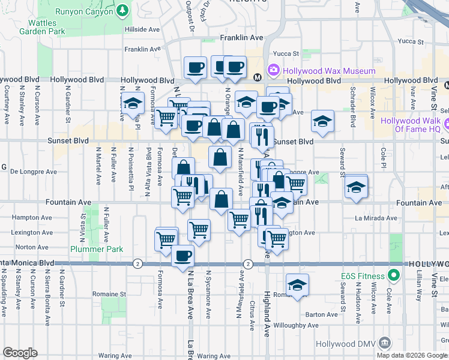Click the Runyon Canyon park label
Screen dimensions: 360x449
(x=84, y=11)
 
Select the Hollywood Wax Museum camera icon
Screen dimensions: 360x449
(x=274, y=70)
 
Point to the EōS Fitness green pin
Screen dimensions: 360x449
(x=394, y=276)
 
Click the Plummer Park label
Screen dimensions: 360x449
(x=97, y=249)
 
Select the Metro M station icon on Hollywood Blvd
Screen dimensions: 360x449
(x=258, y=77)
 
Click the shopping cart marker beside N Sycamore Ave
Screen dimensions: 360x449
(x=199, y=229)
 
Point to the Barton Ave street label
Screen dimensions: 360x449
(x=321, y=314)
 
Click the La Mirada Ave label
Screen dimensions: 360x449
(x=373, y=218)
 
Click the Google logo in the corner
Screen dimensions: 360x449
(x=20, y=353)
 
